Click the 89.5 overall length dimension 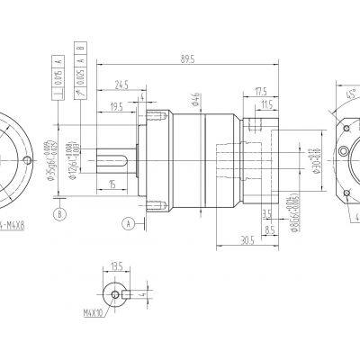[x=188, y=59]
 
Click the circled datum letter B [x=59, y=214]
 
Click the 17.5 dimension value [x=262, y=92]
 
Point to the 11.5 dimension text [x=267, y=105]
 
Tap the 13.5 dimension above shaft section [x=115, y=267]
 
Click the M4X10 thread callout [x=94, y=313]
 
